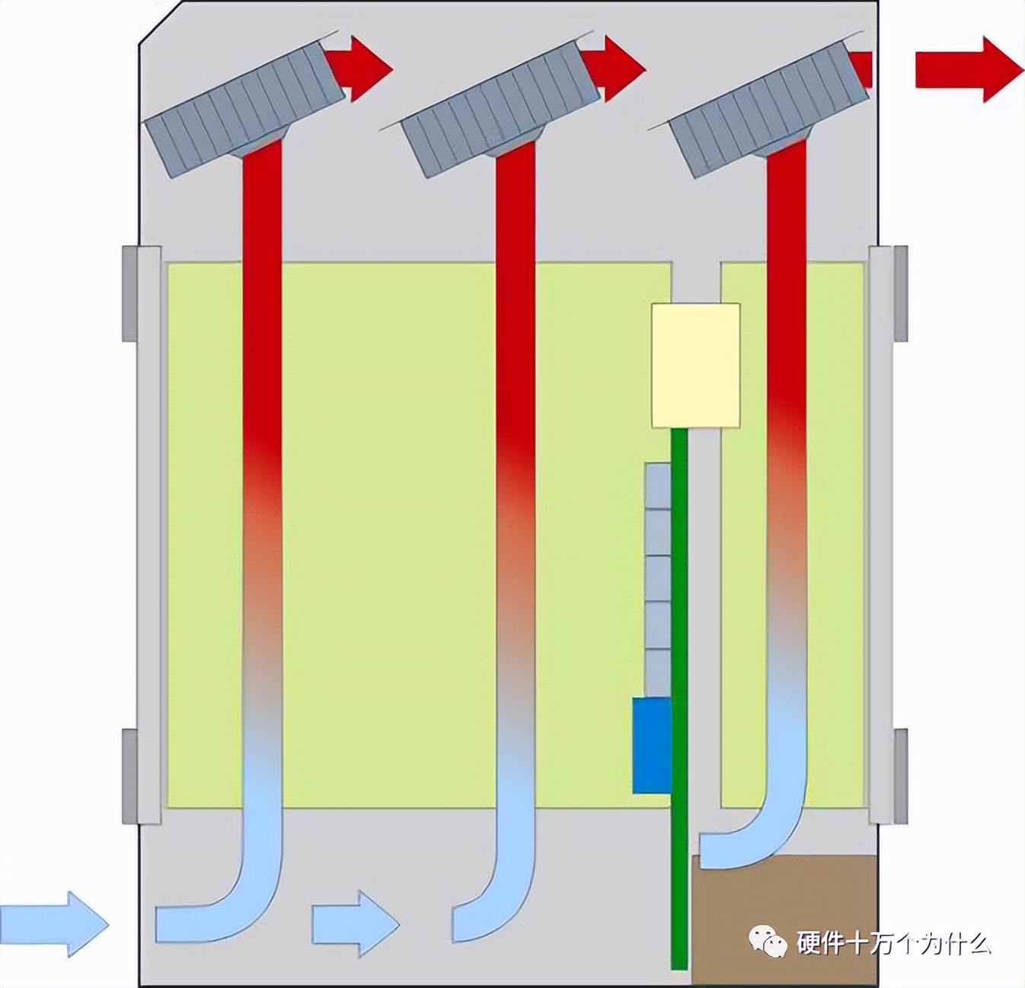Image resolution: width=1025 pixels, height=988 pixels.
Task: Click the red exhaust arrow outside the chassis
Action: click(x=967, y=69)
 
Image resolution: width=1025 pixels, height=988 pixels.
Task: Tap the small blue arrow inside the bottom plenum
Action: click(x=355, y=923)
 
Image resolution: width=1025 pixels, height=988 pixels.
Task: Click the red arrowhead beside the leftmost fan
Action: click(x=366, y=69)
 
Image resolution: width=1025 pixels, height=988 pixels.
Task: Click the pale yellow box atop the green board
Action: click(x=695, y=365)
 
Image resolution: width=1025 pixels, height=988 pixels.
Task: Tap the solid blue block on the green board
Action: click(x=652, y=746)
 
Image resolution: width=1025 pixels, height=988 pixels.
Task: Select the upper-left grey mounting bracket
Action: click(x=130, y=293)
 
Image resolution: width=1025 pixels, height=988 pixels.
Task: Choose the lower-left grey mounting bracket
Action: click(x=130, y=776)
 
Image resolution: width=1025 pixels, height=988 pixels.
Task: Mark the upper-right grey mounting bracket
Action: click(x=900, y=293)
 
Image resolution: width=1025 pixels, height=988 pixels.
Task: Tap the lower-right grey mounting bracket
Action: click(x=900, y=776)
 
